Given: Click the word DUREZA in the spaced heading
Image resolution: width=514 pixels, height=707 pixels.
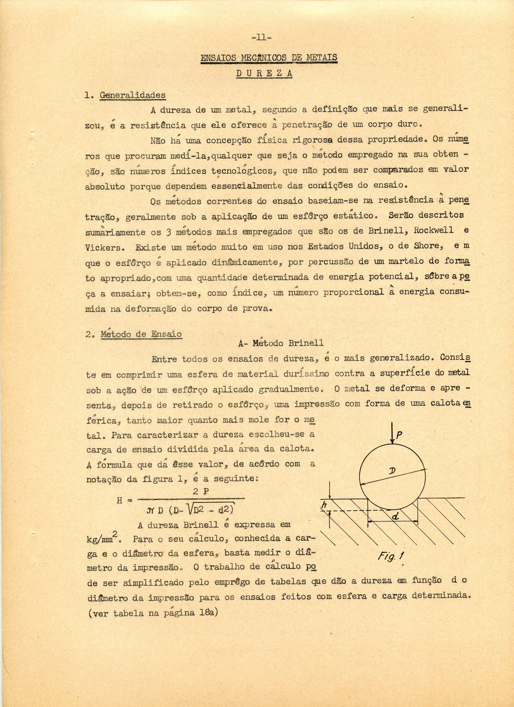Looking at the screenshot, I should click(264, 74).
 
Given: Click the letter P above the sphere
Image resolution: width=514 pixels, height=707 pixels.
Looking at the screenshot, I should click(398, 436).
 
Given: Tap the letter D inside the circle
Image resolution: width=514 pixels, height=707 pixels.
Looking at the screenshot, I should click(393, 472).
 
